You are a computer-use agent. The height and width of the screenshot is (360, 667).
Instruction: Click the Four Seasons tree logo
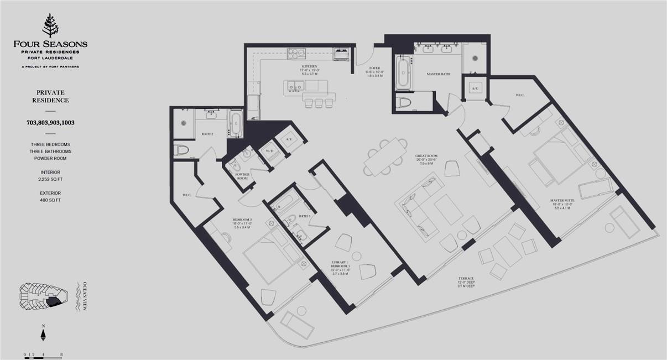point(50,25)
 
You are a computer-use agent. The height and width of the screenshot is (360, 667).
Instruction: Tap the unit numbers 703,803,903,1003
point(50,123)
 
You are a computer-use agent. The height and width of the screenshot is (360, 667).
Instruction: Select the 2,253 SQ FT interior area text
point(50,179)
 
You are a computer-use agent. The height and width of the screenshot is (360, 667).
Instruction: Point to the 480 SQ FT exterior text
point(50,200)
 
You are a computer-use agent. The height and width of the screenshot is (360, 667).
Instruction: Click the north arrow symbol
point(43,335)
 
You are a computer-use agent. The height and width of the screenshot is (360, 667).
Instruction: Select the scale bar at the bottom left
point(43,357)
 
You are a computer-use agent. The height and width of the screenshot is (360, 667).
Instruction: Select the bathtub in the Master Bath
point(403,73)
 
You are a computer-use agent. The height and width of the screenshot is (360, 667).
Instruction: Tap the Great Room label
point(426,156)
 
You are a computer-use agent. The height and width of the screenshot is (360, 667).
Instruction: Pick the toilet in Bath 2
point(181,150)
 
